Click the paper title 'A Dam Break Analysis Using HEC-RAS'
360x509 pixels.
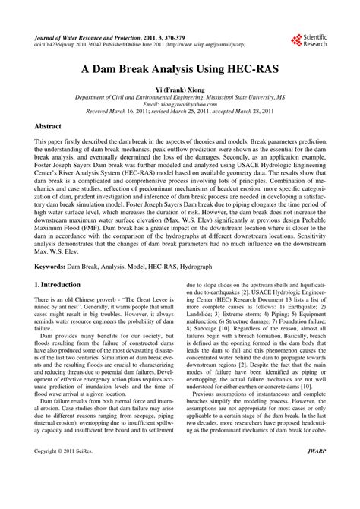(179, 68)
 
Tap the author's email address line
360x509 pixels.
(179, 105)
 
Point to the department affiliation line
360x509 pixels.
(179, 98)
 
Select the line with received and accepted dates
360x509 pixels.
(179, 112)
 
